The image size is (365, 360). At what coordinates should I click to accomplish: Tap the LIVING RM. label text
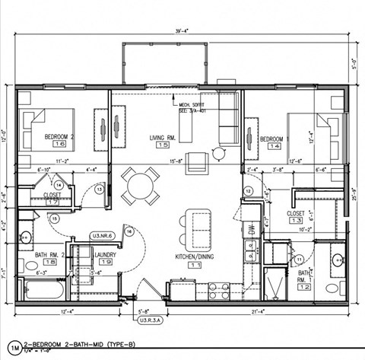163,137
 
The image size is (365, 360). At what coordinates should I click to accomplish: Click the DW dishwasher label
250,228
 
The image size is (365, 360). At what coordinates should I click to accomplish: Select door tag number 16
129,231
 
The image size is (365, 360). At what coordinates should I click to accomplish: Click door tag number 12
248,191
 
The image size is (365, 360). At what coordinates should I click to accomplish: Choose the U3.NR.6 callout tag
102,236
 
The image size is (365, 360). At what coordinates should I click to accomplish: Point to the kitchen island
201,227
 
